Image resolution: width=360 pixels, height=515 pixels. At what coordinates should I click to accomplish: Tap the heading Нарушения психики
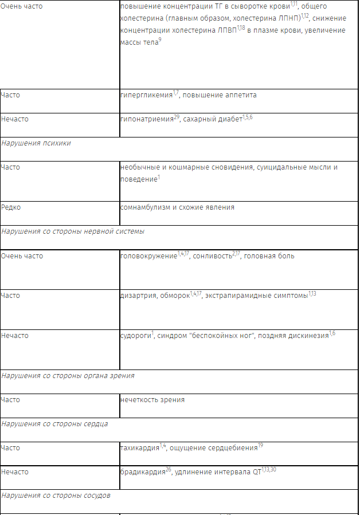pyautogui.click(x=36, y=143)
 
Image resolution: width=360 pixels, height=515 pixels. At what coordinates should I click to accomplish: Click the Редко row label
pyautogui.click(x=11, y=207)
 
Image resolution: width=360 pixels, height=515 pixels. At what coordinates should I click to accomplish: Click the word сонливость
pyautogui.click(x=212, y=256)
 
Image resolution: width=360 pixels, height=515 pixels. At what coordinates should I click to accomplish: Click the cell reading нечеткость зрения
pyautogui.click(x=152, y=400)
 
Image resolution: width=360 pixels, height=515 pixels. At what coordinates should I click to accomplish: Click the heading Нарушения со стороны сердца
pyautogui.click(x=54, y=424)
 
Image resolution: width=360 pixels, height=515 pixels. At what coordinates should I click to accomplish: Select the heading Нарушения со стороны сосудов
pyautogui.click(x=56, y=495)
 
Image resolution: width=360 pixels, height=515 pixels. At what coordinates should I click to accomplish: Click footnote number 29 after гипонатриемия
pyautogui.click(x=177, y=117)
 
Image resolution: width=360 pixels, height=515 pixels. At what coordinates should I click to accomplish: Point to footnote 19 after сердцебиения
pyautogui.click(x=260, y=446)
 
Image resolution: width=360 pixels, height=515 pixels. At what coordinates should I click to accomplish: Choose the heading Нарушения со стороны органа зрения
pyautogui.click(x=68, y=376)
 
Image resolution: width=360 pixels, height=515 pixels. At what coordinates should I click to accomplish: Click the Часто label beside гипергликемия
pyautogui.click(x=10, y=95)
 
